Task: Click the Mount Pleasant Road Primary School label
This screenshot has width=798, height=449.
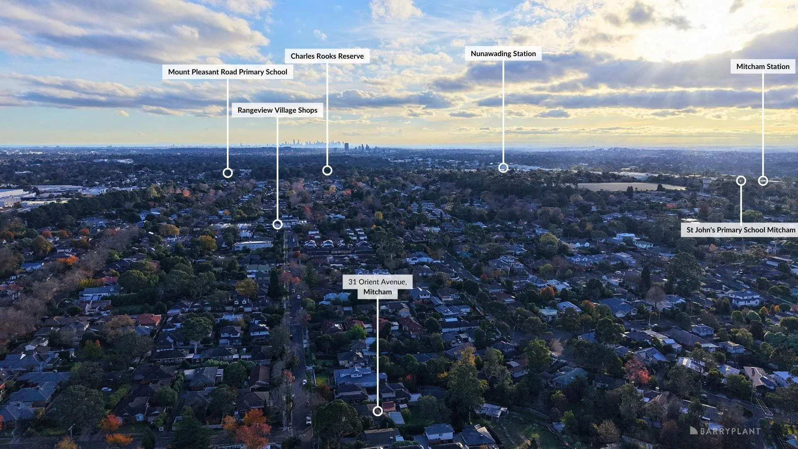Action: (x=227, y=72)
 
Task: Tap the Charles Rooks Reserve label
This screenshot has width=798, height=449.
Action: (x=327, y=56)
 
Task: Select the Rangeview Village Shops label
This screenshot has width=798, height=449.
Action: (x=277, y=110)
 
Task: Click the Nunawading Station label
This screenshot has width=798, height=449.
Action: (x=503, y=54)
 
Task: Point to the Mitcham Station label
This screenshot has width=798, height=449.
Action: (x=763, y=67)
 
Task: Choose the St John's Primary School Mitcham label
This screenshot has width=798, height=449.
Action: (x=741, y=230)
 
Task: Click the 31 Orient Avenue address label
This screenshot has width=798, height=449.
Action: (x=377, y=287)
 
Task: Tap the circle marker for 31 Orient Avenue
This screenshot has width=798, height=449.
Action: (x=377, y=411)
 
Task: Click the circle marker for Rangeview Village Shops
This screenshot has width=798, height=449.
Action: (x=277, y=224)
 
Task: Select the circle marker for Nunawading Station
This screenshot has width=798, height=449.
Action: (x=503, y=168)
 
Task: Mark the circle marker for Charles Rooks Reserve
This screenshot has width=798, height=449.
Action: (x=327, y=170)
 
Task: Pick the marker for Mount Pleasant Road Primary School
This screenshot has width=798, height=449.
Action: (x=227, y=173)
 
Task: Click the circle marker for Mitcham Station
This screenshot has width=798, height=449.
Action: (x=763, y=180)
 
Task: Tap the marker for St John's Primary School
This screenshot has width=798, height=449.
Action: (x=741, y=180)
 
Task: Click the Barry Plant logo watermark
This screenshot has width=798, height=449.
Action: (x=725, y=431)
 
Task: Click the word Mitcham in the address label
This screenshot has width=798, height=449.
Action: (x=377, y=292)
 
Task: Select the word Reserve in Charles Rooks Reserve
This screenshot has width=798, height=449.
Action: (x=350, y=56)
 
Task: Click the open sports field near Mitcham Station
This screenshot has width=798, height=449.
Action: (x=630, y=187)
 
